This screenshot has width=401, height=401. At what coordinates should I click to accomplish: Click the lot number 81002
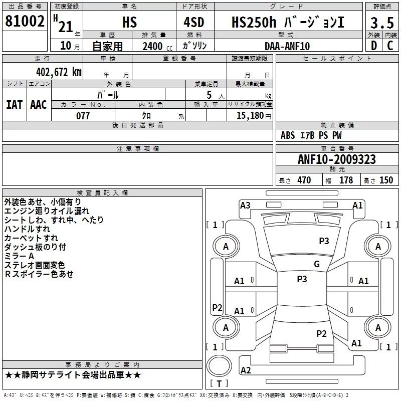pos(25,21)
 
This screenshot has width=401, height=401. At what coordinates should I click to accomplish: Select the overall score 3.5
pos(382,23)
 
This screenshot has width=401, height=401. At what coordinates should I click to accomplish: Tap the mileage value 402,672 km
pos(59,72)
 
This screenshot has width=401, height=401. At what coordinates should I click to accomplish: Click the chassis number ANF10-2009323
pos(337,159)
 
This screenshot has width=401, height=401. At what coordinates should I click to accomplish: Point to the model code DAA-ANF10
pos(287,46)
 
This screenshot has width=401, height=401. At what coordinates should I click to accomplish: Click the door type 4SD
pos(194,22)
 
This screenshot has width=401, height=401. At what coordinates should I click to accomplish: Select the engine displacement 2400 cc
pos(157,46)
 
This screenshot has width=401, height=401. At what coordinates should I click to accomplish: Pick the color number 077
pos(83,116)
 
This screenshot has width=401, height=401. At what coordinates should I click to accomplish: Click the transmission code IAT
pos(15,105)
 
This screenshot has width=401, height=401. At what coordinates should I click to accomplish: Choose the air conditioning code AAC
pos(39,105)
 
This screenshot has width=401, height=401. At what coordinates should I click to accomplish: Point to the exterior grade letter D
pos(374,46)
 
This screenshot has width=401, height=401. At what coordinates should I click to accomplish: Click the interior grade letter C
pos(390,46)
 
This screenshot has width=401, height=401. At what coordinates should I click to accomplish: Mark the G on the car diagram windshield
pos(317,264)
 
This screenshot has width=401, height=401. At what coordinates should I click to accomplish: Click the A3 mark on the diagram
pos(245,206)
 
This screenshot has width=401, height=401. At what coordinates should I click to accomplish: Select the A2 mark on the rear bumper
pos(246,370)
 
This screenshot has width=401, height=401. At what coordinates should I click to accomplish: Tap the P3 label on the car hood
pos(324,241)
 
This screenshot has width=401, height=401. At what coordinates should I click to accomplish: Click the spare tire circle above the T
pos(219,366)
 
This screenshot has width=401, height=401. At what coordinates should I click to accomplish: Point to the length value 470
pos(304,180)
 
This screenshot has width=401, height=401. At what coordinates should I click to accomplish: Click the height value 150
pos(386,180)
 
